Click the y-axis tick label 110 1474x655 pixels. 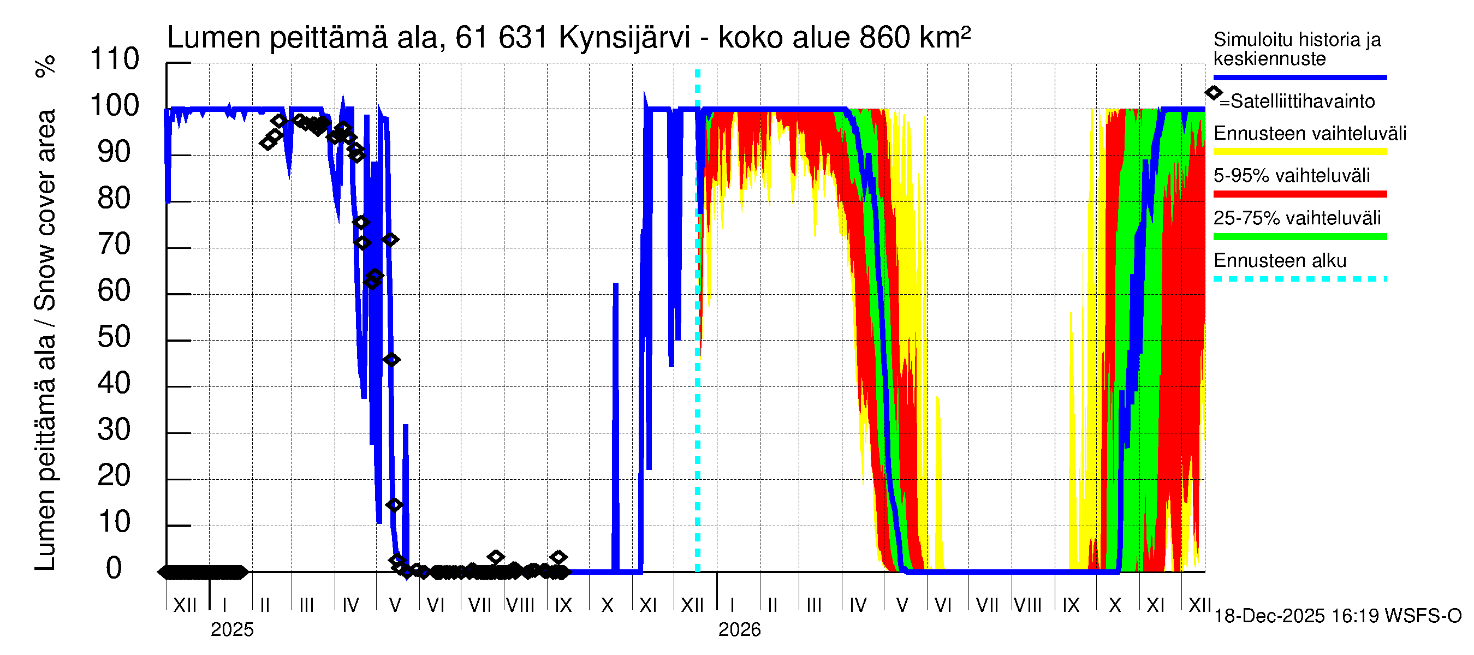click(x=115, y=59)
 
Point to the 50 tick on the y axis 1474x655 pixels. click(x=115, y=337)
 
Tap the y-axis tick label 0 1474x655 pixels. click(x=115, y=569)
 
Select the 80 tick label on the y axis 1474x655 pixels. click(x=115, y=199)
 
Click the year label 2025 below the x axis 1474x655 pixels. click(x=231, y=630)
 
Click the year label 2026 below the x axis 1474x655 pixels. click(x=739, y=630)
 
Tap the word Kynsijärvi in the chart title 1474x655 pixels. click(x=625, y=38)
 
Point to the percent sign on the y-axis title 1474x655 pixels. click(x=46, y=67)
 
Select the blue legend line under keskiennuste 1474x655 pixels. click(x=1299, y=77)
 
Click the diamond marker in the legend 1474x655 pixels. click(x=1213, y=93)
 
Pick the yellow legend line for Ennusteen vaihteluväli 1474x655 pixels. click(x=1299, y=152)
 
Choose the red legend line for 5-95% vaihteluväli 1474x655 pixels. click(x=1299, y=194)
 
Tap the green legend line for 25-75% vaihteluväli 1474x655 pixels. click(x=1299, y=237)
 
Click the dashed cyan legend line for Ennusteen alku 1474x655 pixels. click(x=1299, y=279)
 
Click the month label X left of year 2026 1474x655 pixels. click(x=607, y=605)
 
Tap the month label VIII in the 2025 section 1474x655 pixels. click(x=520, y=605)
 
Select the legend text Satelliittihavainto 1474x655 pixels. click(x=1303, y=102)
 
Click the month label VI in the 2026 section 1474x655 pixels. click(x=942, y=605)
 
